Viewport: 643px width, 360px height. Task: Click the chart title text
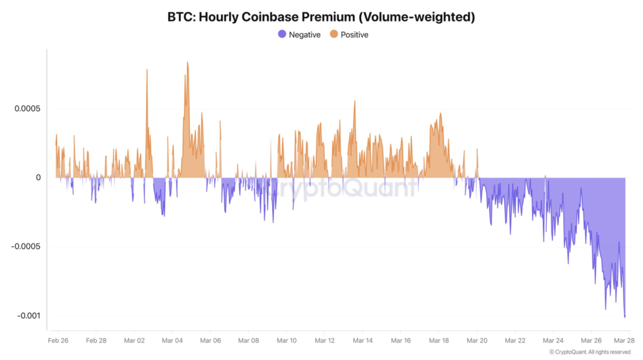321,17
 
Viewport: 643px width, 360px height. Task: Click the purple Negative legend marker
282,35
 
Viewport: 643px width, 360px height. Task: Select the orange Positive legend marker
333,35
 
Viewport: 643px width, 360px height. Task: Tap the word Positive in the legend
354,35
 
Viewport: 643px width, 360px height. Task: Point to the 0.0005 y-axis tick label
28,109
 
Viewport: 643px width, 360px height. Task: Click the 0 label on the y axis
38,178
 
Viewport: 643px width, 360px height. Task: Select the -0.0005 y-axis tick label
26,247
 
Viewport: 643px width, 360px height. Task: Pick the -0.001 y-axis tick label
28,316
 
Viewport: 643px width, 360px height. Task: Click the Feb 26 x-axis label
58,340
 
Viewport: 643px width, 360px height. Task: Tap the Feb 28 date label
96,340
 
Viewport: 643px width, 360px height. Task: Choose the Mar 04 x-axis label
172,340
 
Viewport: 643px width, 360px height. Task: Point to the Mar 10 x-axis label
286,340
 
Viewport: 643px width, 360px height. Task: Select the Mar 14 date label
362,340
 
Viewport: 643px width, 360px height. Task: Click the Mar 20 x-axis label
477,340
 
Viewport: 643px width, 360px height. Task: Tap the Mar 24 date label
553,340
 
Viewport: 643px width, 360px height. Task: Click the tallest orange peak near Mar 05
187,62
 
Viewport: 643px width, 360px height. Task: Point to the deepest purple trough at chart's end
625,316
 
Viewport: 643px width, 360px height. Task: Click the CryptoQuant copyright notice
590,352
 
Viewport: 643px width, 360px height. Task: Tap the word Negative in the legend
305,35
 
